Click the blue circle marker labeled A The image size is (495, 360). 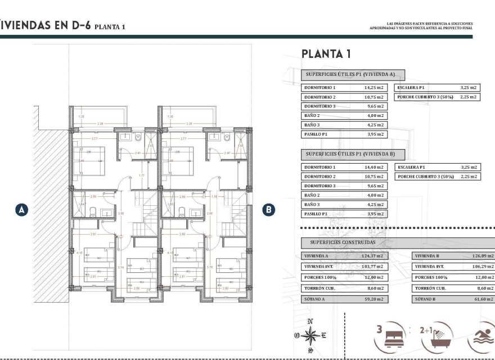[x=21, y=209]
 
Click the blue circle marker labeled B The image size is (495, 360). [x=269, y=209]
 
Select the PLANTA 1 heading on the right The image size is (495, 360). [x=326, y=54]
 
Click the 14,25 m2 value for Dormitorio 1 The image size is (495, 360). [x=373, y=88]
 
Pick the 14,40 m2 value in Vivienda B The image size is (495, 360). [x=373, y=167]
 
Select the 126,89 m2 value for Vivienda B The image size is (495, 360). [x=483, y=255]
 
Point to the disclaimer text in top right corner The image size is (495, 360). [x=421, y=25]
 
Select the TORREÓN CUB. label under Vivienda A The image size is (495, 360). [x=319, y=288]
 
